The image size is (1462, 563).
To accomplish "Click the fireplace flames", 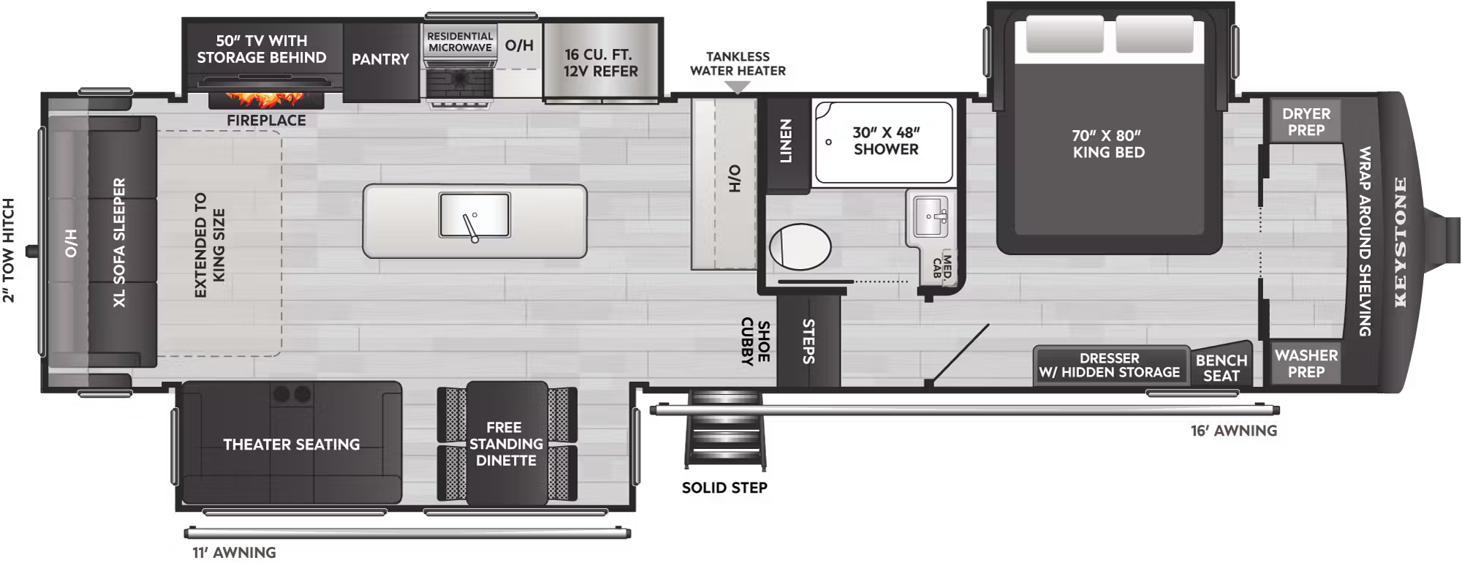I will click(x=264, y=99).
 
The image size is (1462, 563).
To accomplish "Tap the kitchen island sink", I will click(x=474, y=215).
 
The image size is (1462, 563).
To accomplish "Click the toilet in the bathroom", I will click(x=800, y=247).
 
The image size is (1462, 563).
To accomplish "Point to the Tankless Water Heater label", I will click(x=738, y=64).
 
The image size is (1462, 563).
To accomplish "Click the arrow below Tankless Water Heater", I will click(x=738, y=88).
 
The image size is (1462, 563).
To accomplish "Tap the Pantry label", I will click(x=380, y=59).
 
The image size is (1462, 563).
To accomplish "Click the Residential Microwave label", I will click(x=460, y=42).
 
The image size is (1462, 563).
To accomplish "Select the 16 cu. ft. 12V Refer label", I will click(x=600, y=63).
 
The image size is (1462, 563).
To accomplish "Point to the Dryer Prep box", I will click(x=1306, y=121).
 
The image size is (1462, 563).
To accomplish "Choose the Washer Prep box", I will click(x=1306, y=363).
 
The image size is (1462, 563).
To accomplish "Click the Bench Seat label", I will click(x=1221, y=368).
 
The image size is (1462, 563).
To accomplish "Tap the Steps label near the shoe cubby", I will click(x=808, y=341).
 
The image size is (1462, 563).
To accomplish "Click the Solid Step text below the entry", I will click(x=724, y=488).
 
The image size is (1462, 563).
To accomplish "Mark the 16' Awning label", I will click(x=1234, y=431).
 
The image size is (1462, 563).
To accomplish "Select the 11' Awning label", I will click(x=234, y=553).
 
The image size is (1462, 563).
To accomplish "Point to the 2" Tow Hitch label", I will click(x=9, y=250).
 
